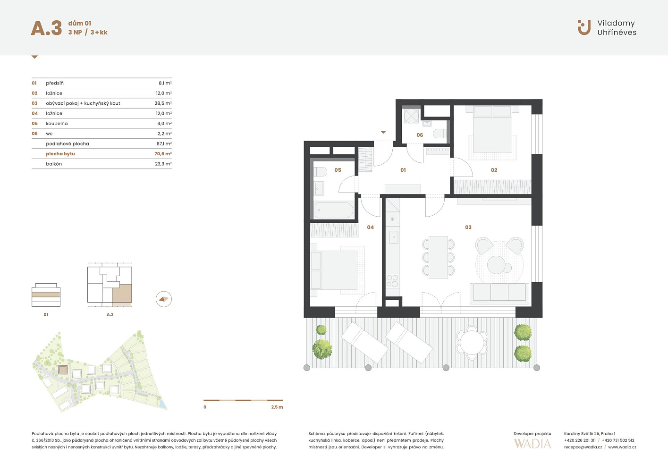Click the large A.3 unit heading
pos(46,28)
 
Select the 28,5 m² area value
pos(163,103)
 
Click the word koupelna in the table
pos(57,124)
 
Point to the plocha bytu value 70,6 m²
pos(163,153)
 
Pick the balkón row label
pos(54,164)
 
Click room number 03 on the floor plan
pos(468,227)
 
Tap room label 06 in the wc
pos(420,135)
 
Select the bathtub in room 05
pos(334,211)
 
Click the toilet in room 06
pos(440,133)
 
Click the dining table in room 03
pos(438,257)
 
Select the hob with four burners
pos(392,280)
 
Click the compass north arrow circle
pos(164,299)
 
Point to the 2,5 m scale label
pos(277,407)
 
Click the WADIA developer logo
pos(533,444)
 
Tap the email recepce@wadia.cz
pos(583,447)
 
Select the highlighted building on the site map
pos(63,370)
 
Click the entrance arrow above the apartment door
pos(383,132)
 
